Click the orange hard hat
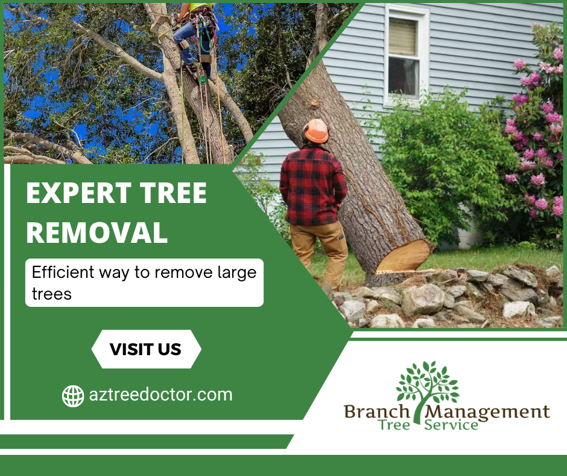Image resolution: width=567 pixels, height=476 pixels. tap(316, 130)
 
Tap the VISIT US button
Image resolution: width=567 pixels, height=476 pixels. tap(146, 349)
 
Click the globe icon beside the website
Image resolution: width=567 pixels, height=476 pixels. tap(73, 396)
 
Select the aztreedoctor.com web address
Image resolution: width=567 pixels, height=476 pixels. tap(161, 395)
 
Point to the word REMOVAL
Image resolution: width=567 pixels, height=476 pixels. tap(97, 233)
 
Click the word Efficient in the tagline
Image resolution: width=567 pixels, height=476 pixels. tap(63, 272)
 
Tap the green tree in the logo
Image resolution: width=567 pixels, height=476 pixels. tap(427, 388)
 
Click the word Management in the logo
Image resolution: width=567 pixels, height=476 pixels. tap(487, 411)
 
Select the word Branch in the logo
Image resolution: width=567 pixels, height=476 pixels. tap(376, 411)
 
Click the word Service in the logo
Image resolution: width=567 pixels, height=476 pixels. tap(451, 425)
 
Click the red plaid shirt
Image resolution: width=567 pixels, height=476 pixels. tap(313, 185)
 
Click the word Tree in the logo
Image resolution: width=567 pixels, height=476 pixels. tap(394, 425)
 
